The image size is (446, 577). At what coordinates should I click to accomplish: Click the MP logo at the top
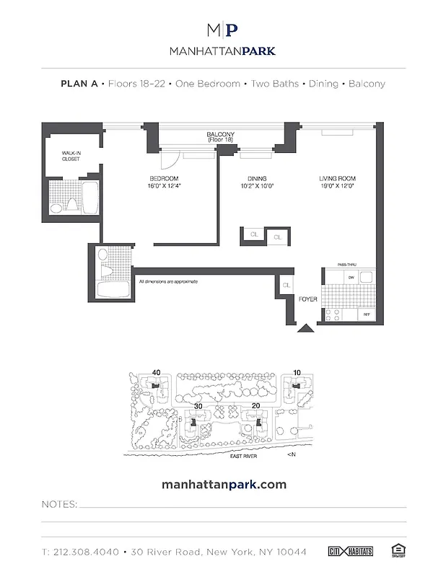coord(222,30)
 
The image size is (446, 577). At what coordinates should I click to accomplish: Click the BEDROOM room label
coord(164,179)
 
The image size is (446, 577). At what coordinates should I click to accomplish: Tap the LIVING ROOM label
coord(338,179)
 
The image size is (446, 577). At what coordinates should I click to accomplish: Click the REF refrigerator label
coord(366,314)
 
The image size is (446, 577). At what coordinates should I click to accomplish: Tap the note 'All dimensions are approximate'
coord(167,281)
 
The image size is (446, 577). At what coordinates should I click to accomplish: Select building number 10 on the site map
coord(297,372)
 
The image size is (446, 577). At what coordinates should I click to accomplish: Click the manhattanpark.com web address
coord(222,484)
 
